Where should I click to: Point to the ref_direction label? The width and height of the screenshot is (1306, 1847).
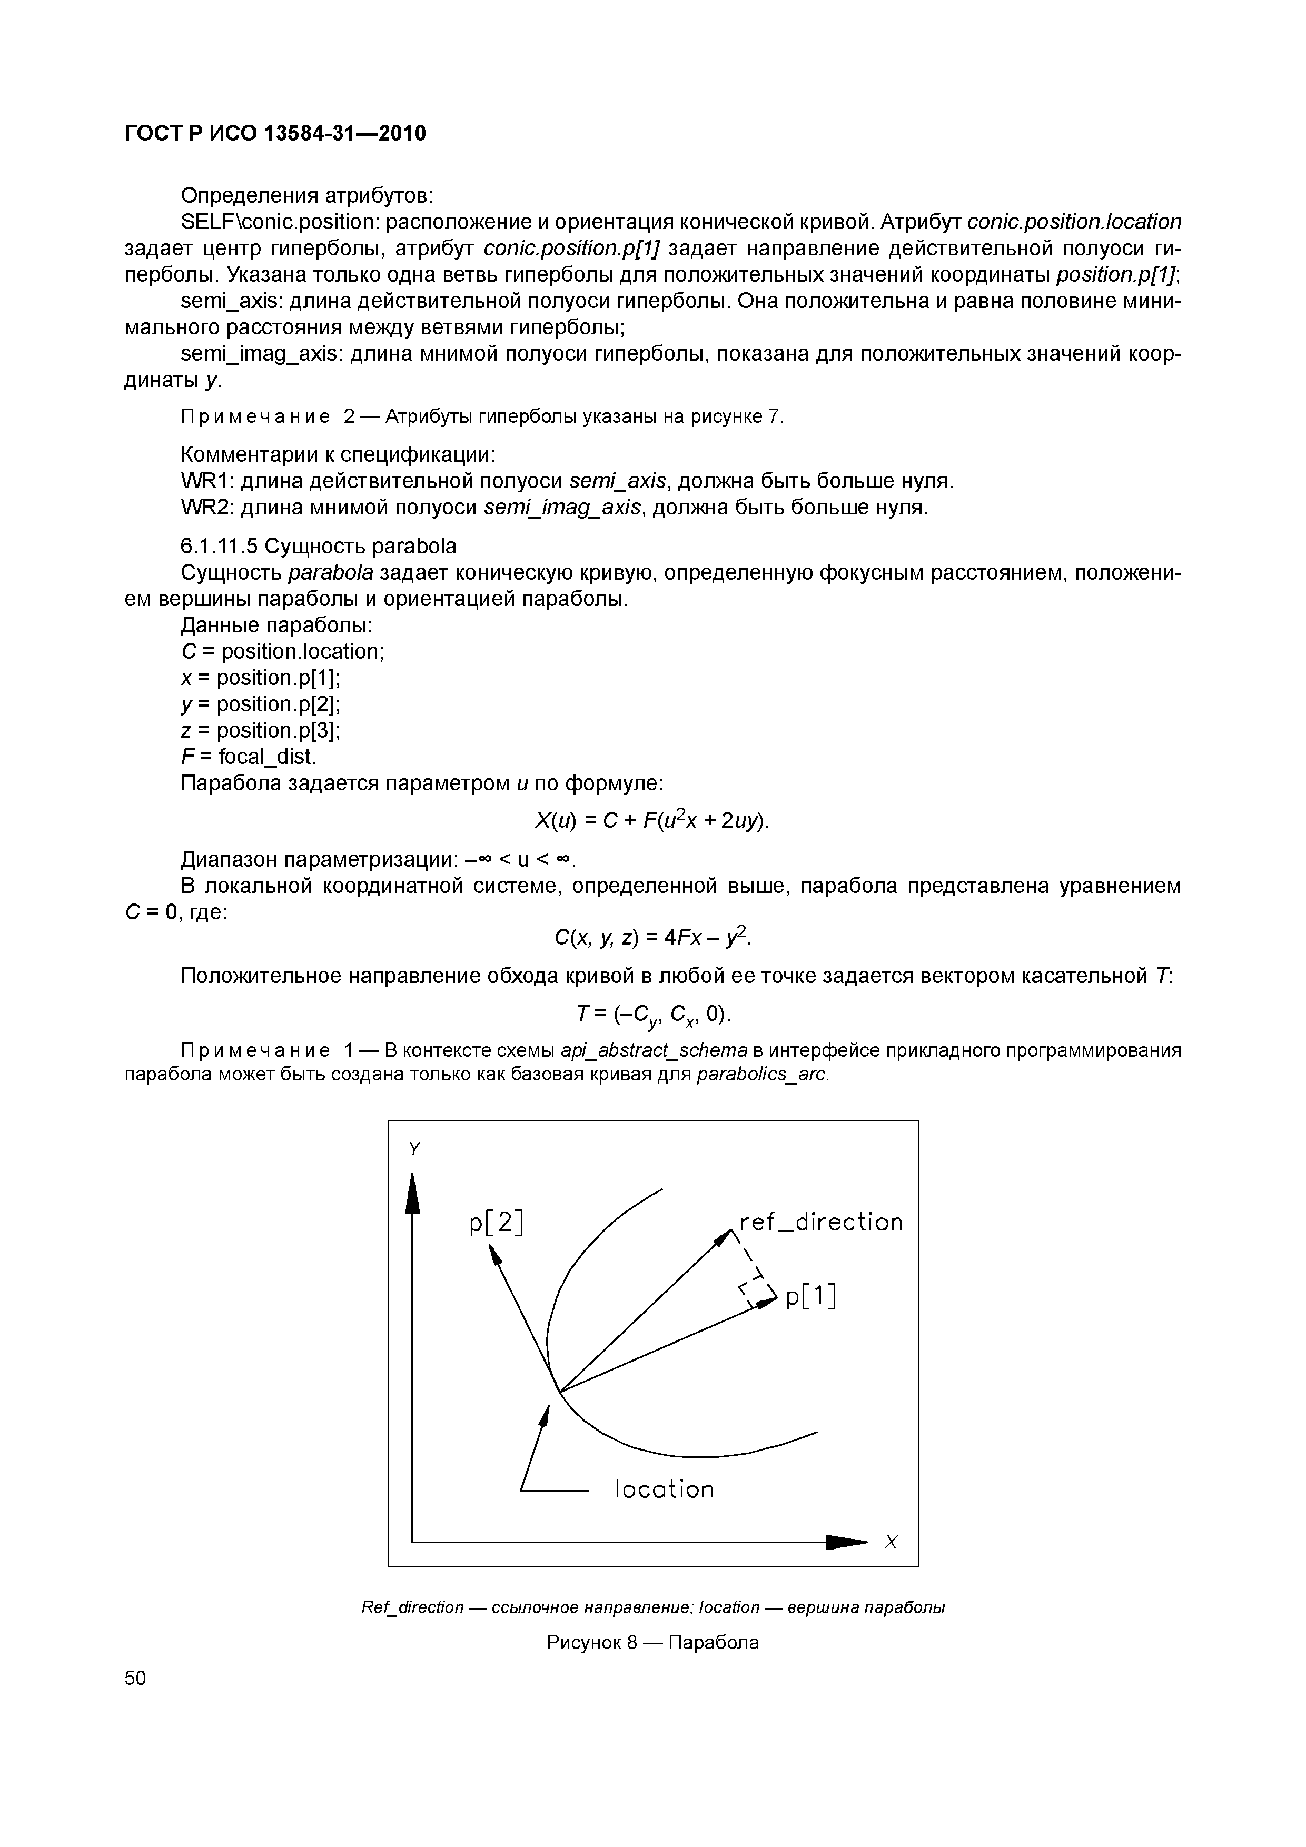coord(821,1222)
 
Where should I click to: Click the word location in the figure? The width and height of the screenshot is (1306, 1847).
coord(664,1489)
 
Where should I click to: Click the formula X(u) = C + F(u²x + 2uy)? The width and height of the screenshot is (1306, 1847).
coord(652,820)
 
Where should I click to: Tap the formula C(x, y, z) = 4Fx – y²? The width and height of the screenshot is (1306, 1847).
coord(652,937)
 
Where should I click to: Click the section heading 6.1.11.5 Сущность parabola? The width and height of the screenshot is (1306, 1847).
coord(318,546)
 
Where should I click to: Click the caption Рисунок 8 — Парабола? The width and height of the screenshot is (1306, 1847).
coord(652,1642)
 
